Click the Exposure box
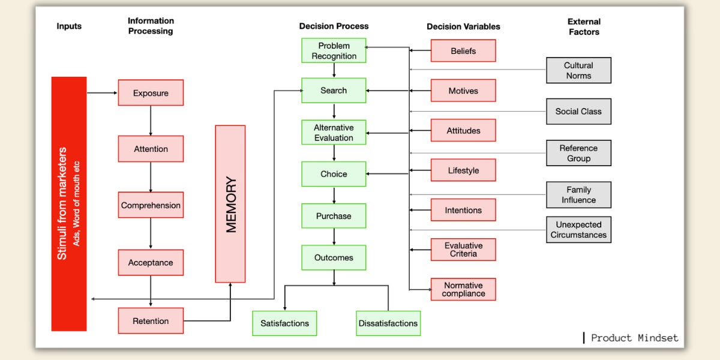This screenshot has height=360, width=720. tap(151, 93)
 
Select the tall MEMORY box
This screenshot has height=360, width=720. tap(230, 204)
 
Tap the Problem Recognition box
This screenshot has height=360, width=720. tap(334, 51)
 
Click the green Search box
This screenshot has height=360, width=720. tap(334, 91)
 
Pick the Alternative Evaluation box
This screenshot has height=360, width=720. tap(334, 133)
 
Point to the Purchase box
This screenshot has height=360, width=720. tap(334, 216)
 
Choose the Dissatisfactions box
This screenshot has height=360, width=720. tap(388, 323)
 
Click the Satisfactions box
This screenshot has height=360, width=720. tap(284, 323)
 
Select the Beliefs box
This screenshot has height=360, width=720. tap(463, 51)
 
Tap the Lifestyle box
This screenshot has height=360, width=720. tap(463, 170)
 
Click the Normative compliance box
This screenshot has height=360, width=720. tap(463, 289)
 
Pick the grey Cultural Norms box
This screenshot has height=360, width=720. tap(578, 70)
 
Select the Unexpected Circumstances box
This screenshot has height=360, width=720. tap(578, 230)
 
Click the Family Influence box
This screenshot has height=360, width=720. tap(578, 194)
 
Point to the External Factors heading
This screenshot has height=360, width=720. tap(584, 26)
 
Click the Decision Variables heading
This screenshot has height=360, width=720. tap(463, 26)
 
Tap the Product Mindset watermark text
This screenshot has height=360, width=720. tap(634, 338)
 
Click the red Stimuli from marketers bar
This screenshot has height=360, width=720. tap(69, 204)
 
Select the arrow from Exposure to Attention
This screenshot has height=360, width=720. tap(151, 120)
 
